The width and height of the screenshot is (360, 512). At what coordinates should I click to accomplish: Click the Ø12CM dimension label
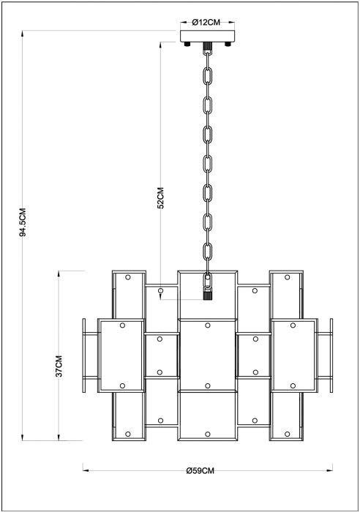206,22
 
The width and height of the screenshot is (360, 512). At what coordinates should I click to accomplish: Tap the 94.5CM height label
23,222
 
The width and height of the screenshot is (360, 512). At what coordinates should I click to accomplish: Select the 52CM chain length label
160,197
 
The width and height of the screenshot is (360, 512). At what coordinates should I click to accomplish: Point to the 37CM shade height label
59,366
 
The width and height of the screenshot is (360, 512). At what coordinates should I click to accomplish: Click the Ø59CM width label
200,470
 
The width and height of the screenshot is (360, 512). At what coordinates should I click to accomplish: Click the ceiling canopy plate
208,37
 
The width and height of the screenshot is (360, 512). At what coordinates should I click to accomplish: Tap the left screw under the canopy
187,44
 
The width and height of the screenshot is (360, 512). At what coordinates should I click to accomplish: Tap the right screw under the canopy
228,44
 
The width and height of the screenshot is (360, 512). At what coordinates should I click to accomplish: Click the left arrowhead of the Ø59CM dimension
86,470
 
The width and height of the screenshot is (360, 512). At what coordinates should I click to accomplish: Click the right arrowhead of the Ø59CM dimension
329,470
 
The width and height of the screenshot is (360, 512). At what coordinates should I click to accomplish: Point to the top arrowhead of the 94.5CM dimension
23,34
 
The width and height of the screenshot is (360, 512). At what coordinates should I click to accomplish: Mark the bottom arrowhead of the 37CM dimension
59,437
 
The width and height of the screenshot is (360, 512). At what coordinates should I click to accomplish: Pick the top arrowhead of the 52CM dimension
160,45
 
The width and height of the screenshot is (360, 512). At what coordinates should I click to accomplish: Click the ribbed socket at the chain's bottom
207,295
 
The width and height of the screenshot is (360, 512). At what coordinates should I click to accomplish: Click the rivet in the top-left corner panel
128,277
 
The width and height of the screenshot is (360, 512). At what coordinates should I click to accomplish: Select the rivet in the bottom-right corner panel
287,434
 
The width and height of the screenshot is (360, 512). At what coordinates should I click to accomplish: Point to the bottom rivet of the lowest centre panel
208,434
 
